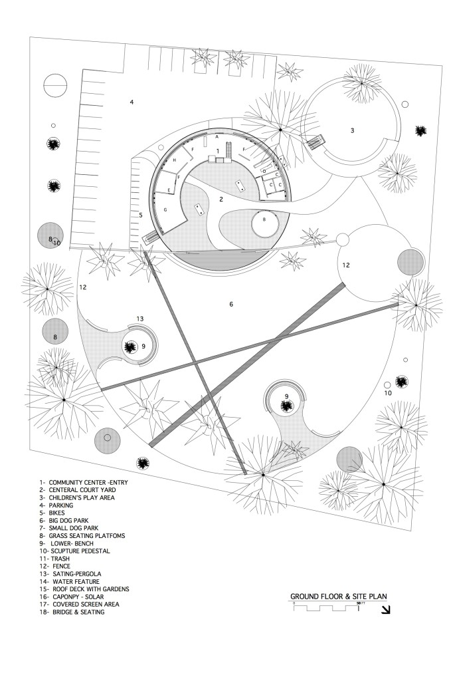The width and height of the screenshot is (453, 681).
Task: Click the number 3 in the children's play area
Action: point(353,130)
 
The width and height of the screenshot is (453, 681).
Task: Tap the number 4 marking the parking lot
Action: point(132,102)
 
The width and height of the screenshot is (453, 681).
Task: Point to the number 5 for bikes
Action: point(141,215)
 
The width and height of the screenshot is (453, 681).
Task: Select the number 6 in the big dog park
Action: point(231,304)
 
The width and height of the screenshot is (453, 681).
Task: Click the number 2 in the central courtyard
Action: point(221,199)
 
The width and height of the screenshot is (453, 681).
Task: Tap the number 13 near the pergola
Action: point(139,319)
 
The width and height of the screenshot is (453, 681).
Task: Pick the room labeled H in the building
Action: point(175,161)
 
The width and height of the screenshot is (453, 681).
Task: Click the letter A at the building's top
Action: point(217,136)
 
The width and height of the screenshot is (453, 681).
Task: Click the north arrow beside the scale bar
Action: point(386,609)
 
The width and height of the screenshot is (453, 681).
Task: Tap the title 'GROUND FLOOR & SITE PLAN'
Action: point(338,597)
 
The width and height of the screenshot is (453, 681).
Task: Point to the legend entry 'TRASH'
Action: point(59,559)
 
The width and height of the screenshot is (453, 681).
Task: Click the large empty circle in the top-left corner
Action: point(55,86)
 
